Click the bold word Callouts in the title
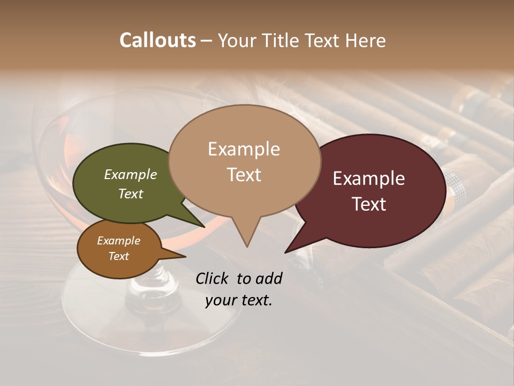(x=157, y=40)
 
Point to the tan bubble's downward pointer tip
(x=247, y=246)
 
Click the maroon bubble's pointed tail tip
(x=285, y=252)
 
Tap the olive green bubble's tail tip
(x=203, y=226)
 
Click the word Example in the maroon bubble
(x=369, y=179)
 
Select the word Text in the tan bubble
(x=244, y=175)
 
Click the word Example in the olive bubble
(x=131, y=174)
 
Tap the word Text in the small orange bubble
(x=119, y=256)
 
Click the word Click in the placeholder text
(x=213, y=278)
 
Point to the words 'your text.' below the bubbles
(x=239, y=300)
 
